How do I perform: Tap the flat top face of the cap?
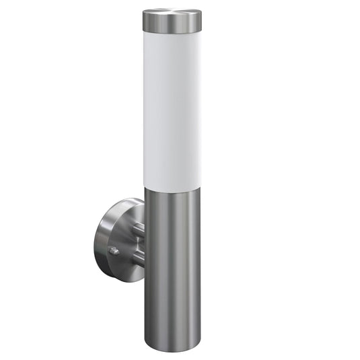coord(172,13)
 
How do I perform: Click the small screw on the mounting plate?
coord(114,251)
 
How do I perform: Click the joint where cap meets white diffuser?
coord(172,32)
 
